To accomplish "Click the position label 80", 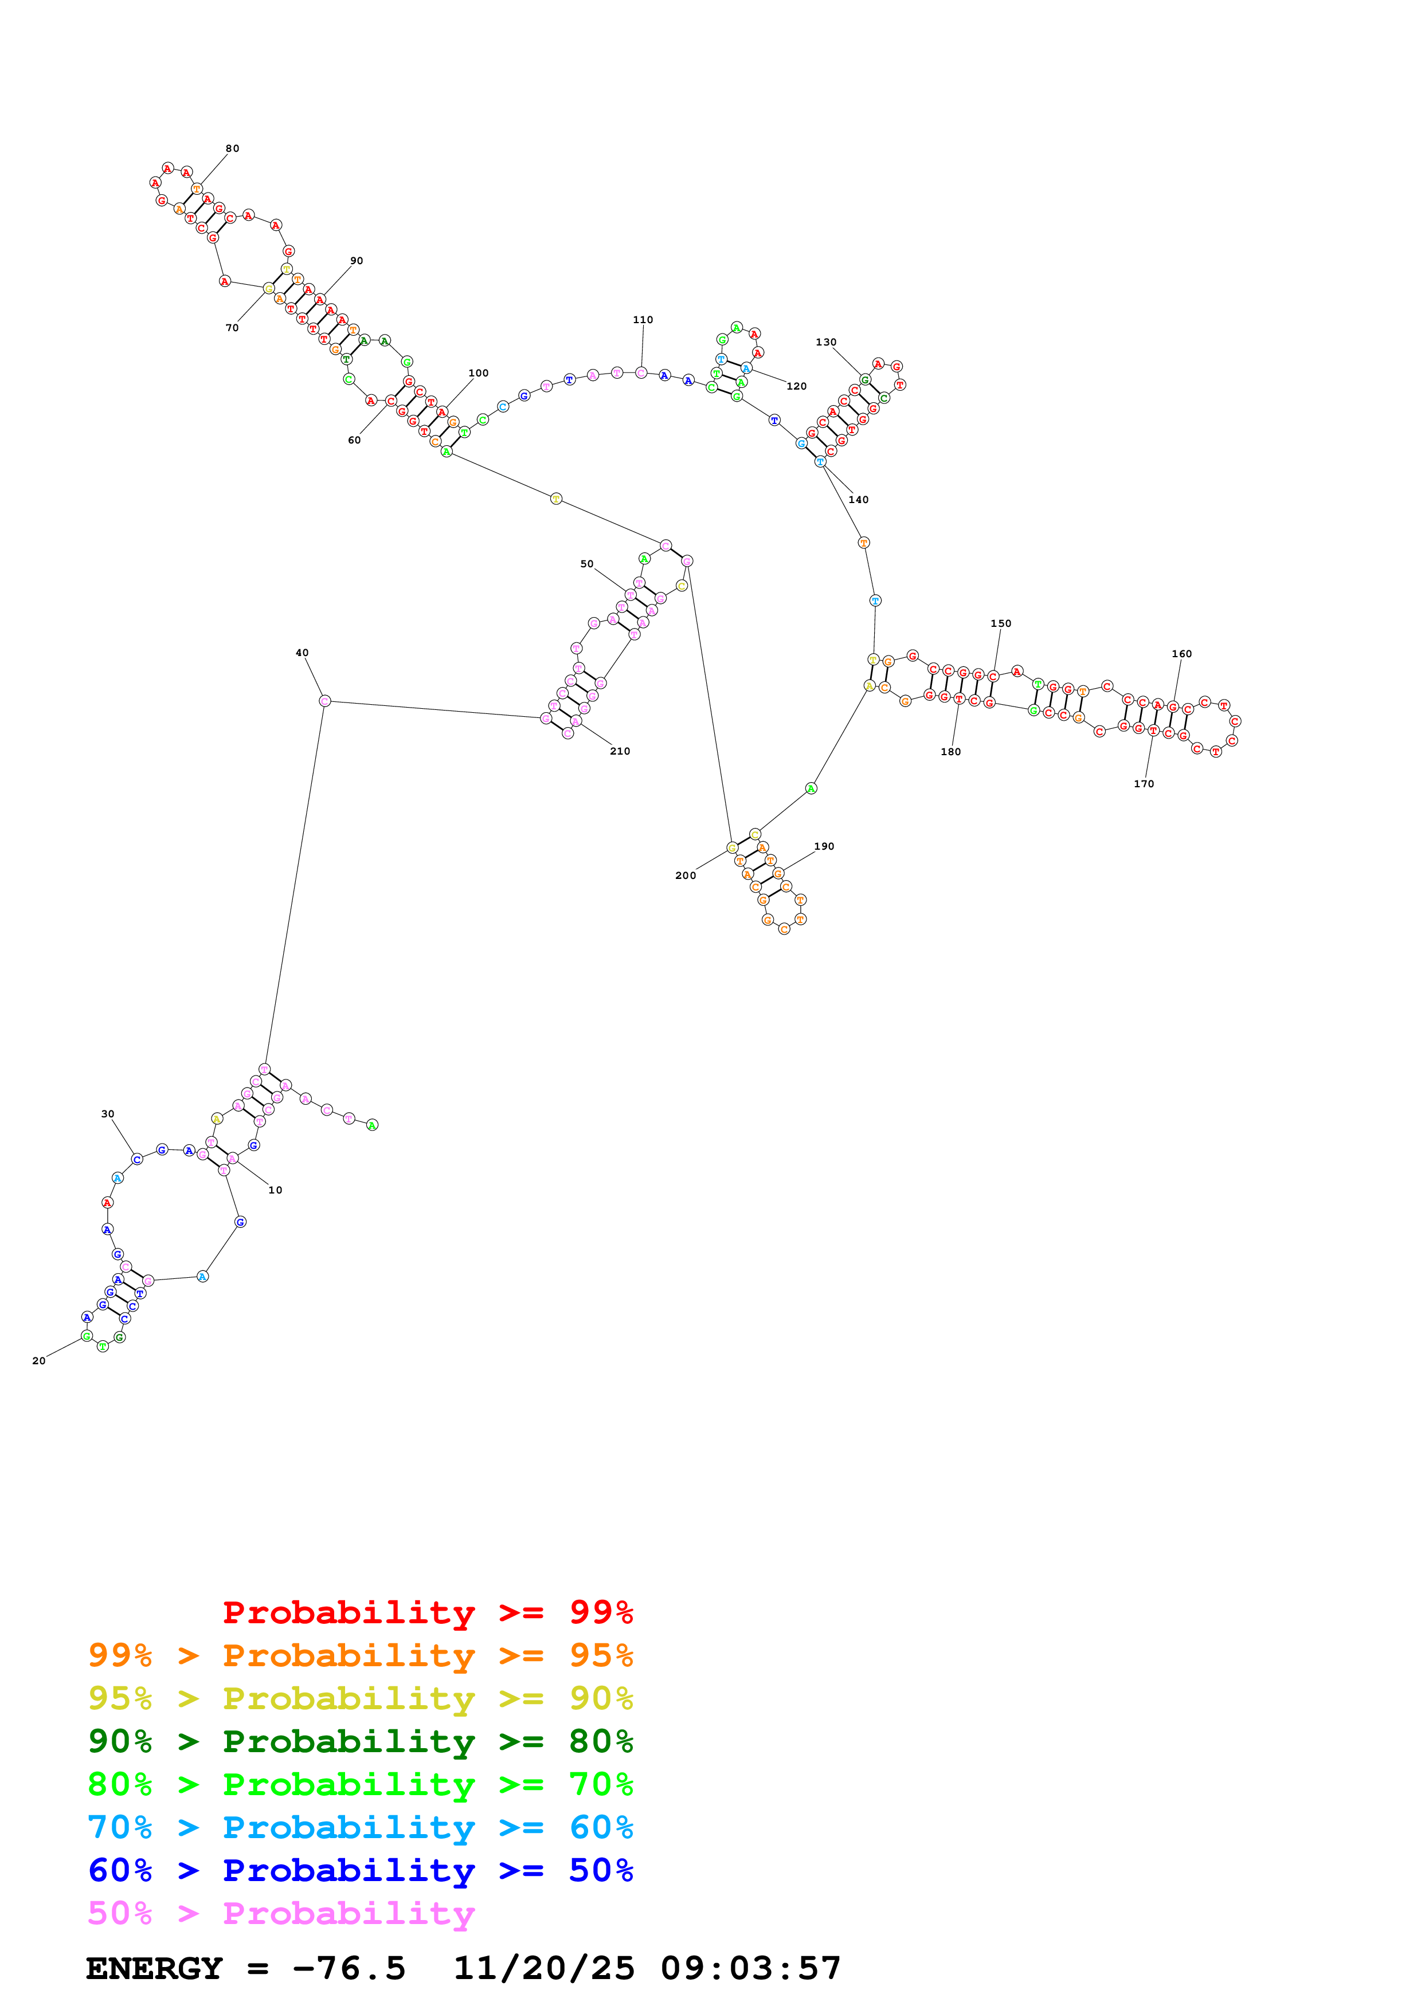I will pos(232,149).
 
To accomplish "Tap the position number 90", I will pos(357,261).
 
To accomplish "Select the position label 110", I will pos(643,320).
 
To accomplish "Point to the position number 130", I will pos(825,342).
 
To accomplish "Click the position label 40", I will pos(302,653).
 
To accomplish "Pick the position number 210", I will pos(620,751).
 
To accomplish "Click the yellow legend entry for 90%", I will pos(360,1698).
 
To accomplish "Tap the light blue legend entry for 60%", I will pos(360,1827).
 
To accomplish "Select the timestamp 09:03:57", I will pos(750,1968).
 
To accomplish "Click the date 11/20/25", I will pos(544,1968).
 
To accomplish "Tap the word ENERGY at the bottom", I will pos(154,1968).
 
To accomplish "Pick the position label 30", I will pos(108,1114).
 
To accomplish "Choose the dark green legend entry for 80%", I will pos(360,1741).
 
